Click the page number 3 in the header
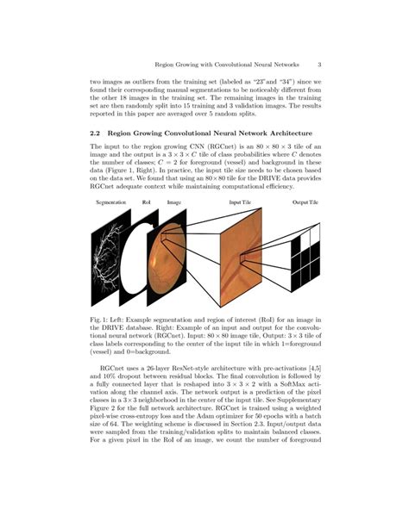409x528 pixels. [x=319, y=63]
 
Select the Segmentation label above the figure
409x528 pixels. [x=110, y=202]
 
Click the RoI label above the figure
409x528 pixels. [x=147, y=202]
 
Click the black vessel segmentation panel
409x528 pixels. [x=109, y=258]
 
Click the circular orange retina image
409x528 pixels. [x=169, y=259]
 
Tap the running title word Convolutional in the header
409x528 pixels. [x=240, y=63]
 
